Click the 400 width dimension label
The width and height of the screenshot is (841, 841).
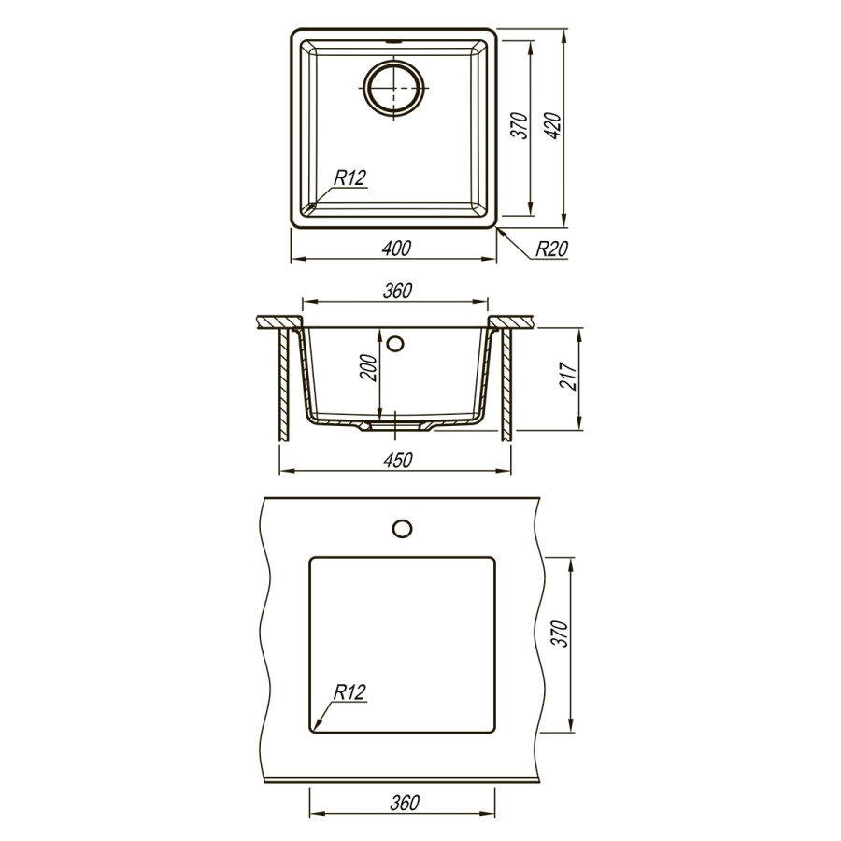pos(396,249)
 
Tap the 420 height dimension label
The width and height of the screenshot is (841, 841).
pos(554,126)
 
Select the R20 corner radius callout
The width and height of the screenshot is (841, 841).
pos(551,249)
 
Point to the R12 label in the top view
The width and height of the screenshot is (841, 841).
pos(350,178)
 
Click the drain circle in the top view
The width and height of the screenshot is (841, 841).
pos(393,88)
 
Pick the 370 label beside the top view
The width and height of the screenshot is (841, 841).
pos(521,126)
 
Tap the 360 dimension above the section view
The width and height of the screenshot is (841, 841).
pos(397,291)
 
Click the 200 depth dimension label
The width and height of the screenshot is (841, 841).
pos(369,367)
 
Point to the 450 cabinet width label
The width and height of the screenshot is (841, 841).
pos(398,460)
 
